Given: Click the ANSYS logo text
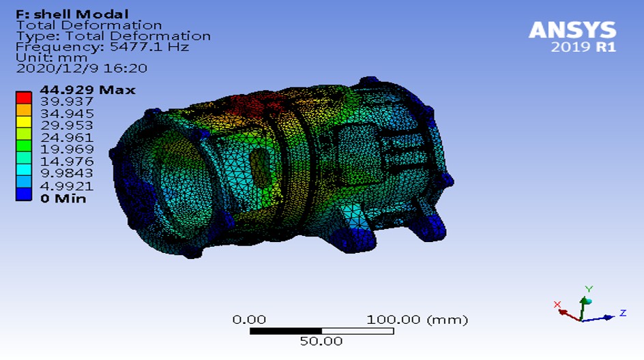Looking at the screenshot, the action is (x=572, y=30).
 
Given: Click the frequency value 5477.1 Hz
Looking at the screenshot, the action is (x=149, y=47).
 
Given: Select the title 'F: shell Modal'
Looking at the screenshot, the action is (x=72, y=14).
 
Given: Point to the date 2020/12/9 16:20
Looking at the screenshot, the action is (x=81, y=68).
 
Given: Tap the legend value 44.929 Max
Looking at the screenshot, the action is (x=87, y=90).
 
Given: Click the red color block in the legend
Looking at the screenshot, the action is (x=24, y=97).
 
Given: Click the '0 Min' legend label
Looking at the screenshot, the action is (x=63, y=198).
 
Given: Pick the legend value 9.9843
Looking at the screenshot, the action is (x=67, y=172).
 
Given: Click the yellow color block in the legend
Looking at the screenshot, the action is (x=24, y=122).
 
